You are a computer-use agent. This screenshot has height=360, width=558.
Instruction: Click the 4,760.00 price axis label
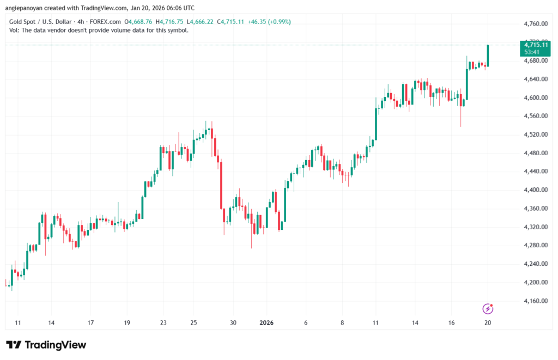pos(531,24)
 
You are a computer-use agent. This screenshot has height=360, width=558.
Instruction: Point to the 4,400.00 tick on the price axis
pos(531,190)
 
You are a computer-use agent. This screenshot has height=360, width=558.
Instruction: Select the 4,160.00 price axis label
pos(531,301)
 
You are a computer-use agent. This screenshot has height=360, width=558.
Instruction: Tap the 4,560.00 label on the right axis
pos(531,116)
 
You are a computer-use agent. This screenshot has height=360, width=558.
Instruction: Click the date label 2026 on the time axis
pos(266,322)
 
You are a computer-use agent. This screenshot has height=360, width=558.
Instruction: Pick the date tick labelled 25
pos(193,322)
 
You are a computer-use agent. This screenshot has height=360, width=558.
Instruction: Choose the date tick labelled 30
pos(233,322)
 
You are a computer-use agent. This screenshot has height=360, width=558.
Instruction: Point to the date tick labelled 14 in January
pos(415,322)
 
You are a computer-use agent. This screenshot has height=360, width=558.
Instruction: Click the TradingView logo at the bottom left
pos(46,345)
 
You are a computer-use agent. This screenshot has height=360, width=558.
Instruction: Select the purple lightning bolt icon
pos(488,309)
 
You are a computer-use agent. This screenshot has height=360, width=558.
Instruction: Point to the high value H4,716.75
pos(171,22)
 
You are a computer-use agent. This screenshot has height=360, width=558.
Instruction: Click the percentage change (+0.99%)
pos(278,22)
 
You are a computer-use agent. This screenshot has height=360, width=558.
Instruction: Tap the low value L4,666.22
pos(201,22)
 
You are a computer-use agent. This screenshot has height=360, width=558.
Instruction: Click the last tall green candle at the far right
pos(488,56)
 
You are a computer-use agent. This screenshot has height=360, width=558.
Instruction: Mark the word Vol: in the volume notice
pos(15,30)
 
